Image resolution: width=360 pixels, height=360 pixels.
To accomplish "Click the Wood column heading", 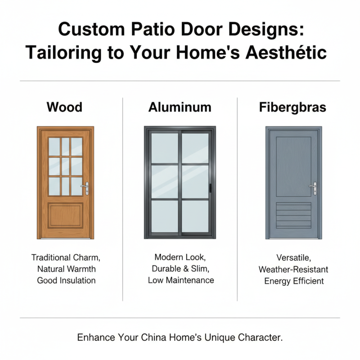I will click(x=65, y=107).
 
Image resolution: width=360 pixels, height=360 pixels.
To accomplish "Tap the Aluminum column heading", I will click(x=180, y=107).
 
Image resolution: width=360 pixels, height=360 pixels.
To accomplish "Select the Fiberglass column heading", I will click(x=292, y=108).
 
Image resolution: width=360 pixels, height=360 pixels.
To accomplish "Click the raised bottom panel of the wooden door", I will click(x=66, y=215).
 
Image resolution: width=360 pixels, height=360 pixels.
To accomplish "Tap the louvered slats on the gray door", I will click(x=293, y=215).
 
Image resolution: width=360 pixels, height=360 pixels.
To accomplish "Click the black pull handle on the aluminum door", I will click(x=211, y=187).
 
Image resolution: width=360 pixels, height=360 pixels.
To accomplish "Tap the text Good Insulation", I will click(x=66, y=280).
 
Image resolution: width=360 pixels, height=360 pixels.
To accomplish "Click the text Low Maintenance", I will click(x=181, y=280).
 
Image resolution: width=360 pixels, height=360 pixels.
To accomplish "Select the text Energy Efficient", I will click(x=294, y=281).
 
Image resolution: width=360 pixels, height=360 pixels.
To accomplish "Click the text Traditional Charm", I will click(x=66, y=258).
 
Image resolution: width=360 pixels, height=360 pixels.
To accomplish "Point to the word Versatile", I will click(x=293, y=258).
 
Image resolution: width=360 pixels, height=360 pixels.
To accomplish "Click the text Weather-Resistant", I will click(x=293, y=270).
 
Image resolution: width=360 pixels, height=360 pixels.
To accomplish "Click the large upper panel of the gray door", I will click(x=293, y=164).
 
